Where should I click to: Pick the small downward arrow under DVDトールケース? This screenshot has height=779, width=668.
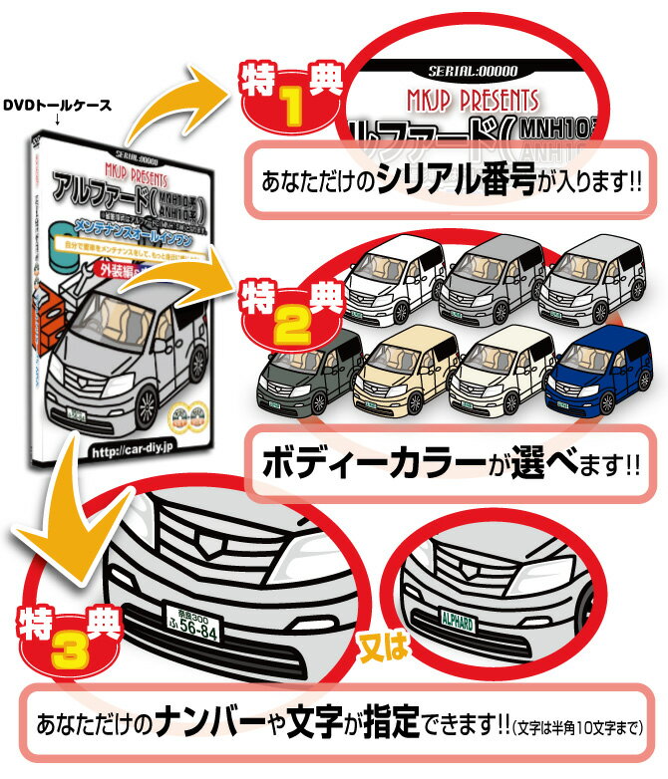(x=58, y=123)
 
